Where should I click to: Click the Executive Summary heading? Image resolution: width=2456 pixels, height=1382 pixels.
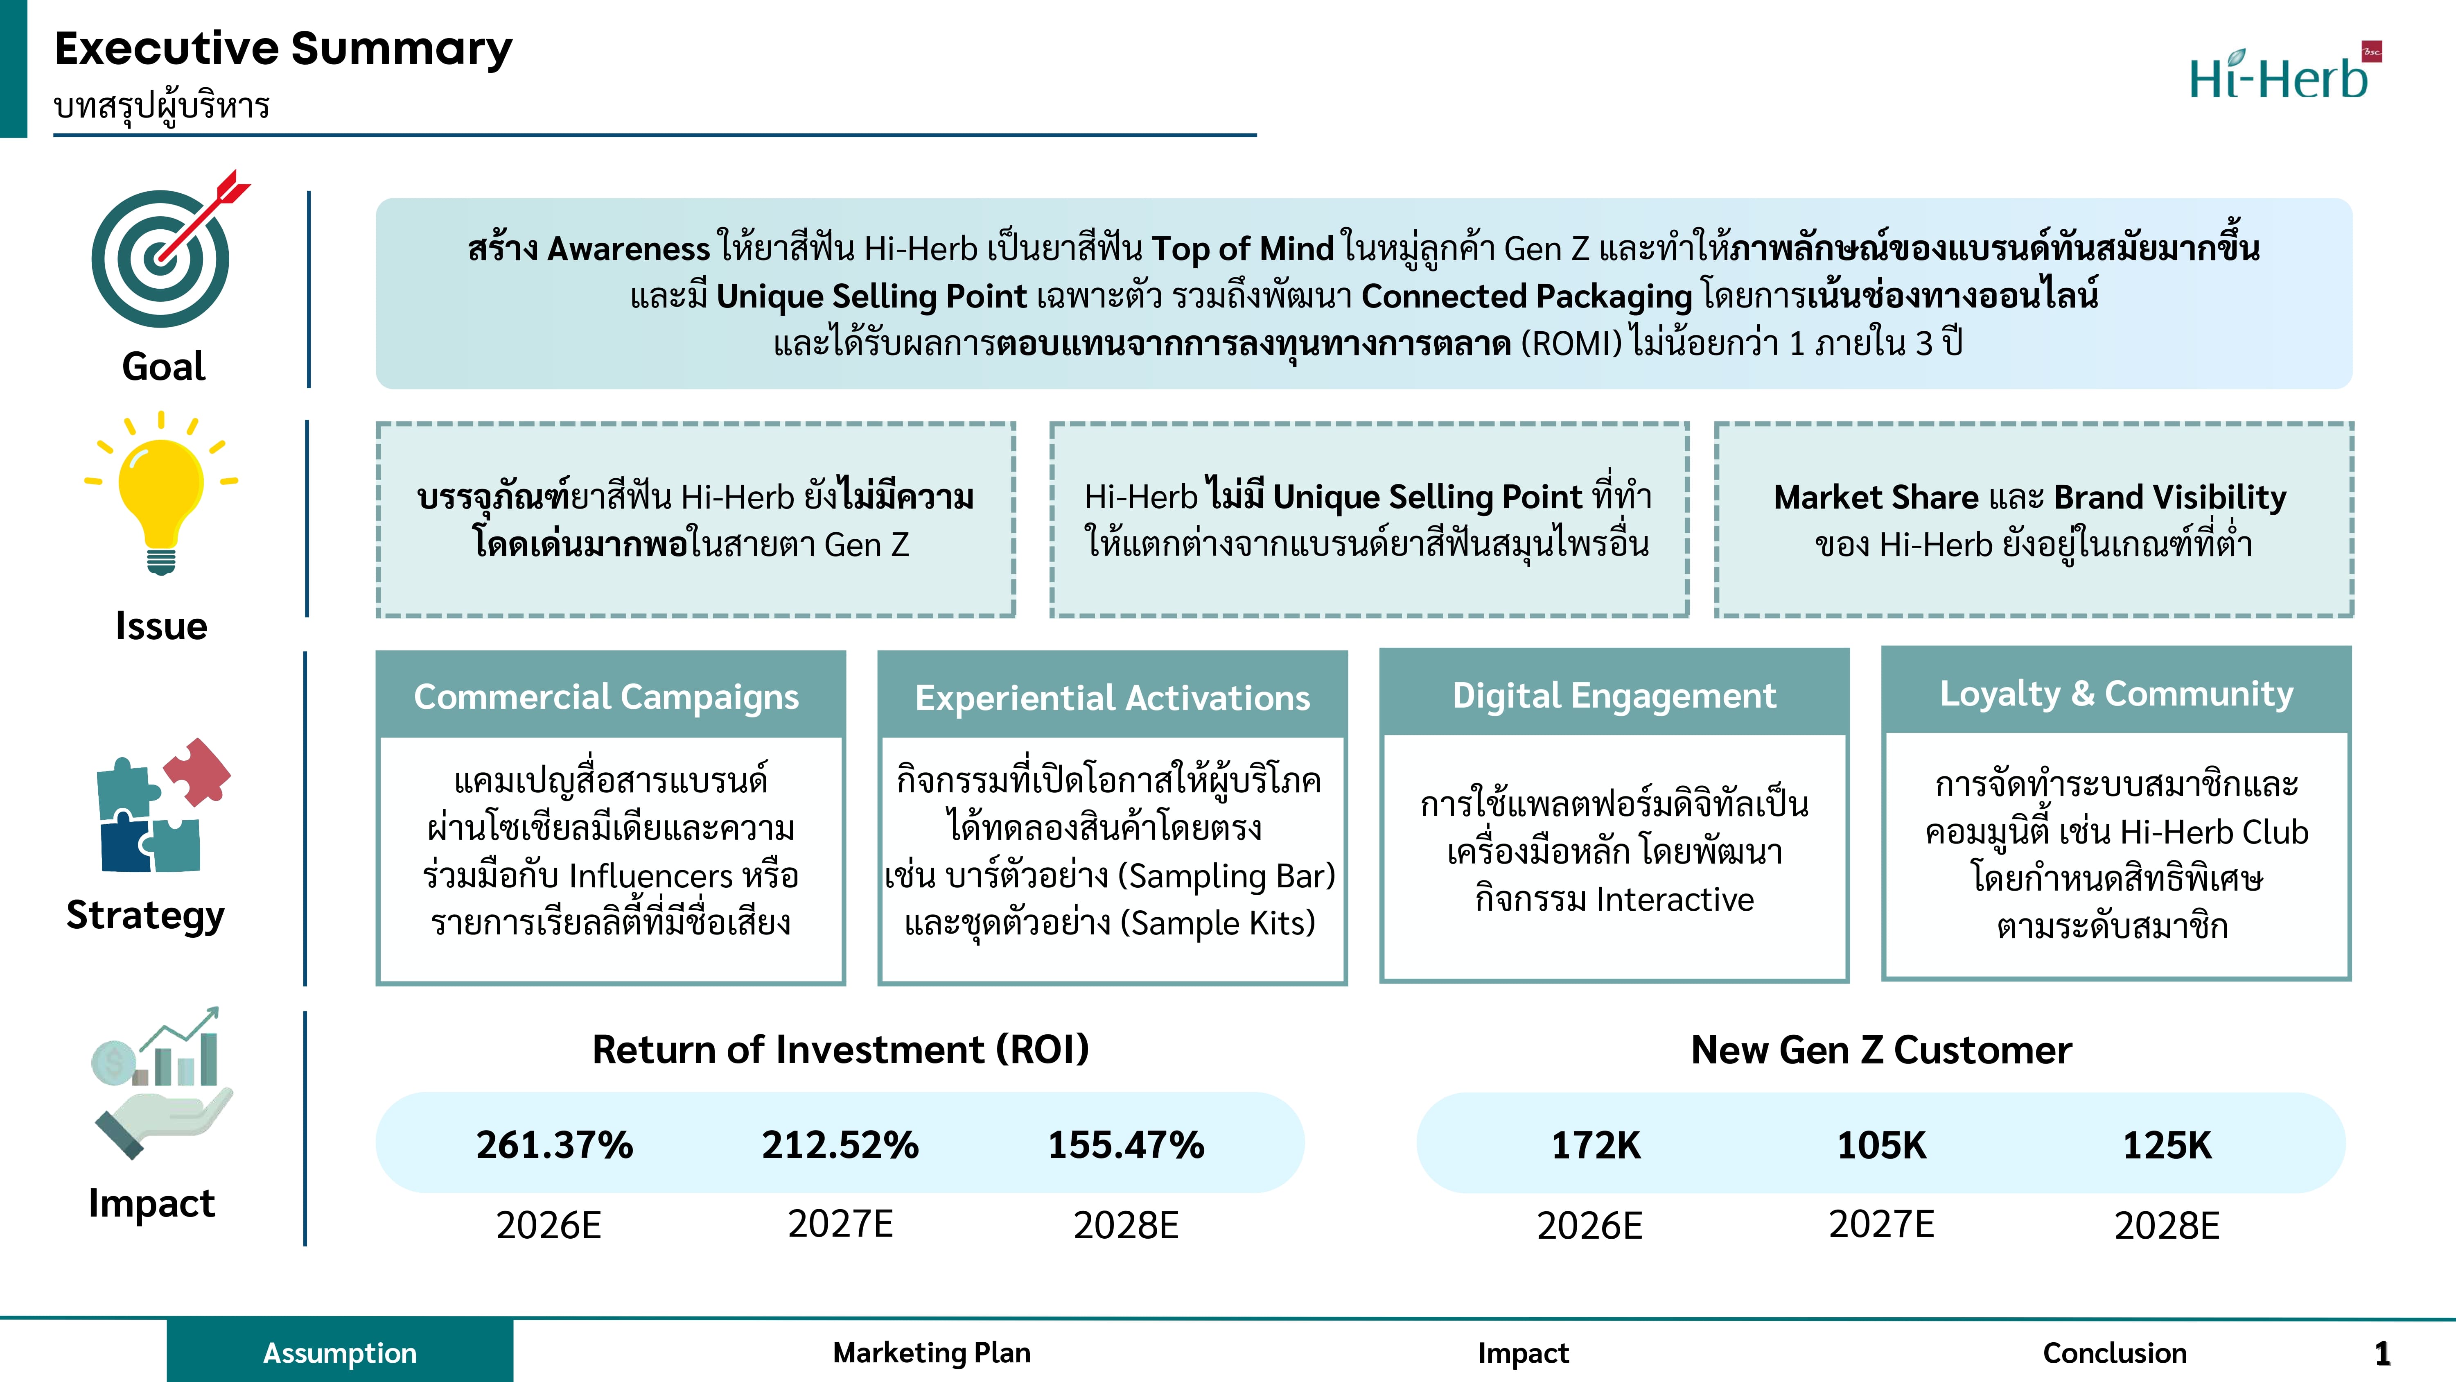click(x=283, y=49)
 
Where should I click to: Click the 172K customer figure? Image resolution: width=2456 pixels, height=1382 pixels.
click(x=1596, y=1145)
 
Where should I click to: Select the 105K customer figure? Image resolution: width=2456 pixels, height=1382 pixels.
click(x=1881, y=1145)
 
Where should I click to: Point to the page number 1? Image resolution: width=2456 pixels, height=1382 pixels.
click(x=2382, y=1353)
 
